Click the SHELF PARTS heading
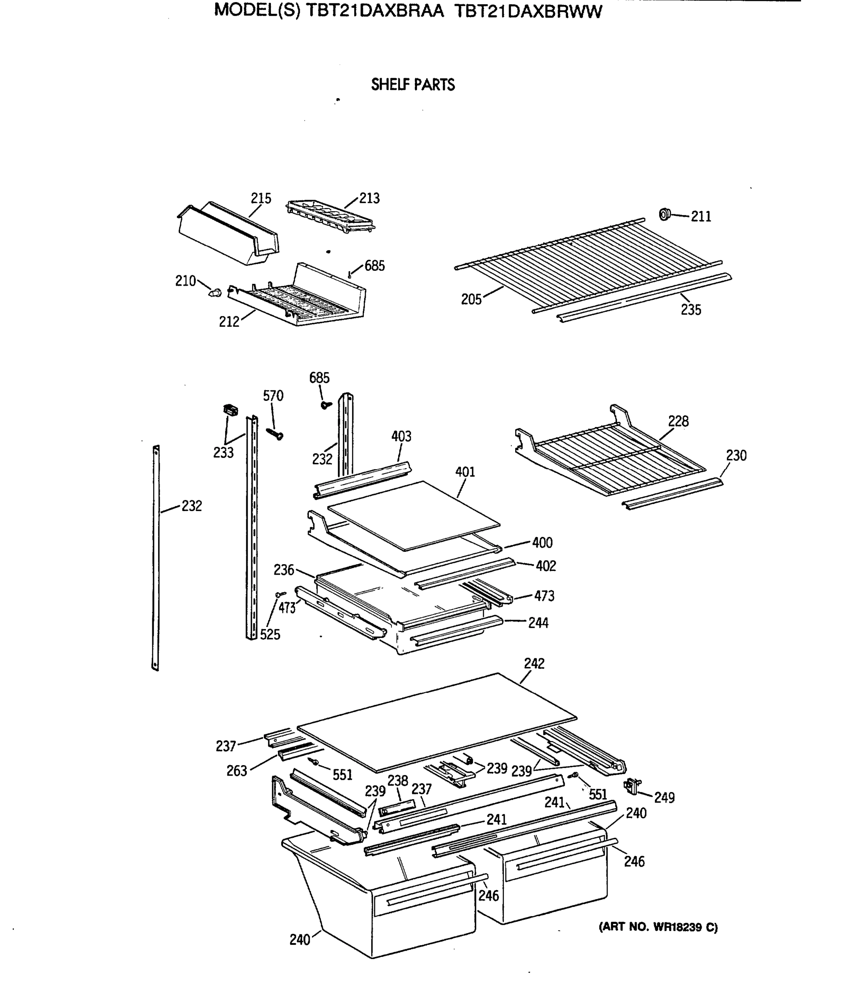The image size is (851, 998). click(412, 85)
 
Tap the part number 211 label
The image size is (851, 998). click(701, 217)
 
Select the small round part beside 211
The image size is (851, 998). click(665, 214)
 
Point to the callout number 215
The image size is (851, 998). click(261, 198)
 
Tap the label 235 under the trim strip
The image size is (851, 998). click(690, 310)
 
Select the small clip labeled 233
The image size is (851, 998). click(231, 410)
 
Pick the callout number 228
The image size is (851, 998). click(678, 422)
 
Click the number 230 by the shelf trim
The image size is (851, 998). click(736, 456)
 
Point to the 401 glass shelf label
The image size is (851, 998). click(465, 472)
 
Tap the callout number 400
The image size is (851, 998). click(542, 543)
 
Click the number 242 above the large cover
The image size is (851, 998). click(534, 664)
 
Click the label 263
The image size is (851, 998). click(237, 771)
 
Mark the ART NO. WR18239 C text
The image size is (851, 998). click(658, 927)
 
